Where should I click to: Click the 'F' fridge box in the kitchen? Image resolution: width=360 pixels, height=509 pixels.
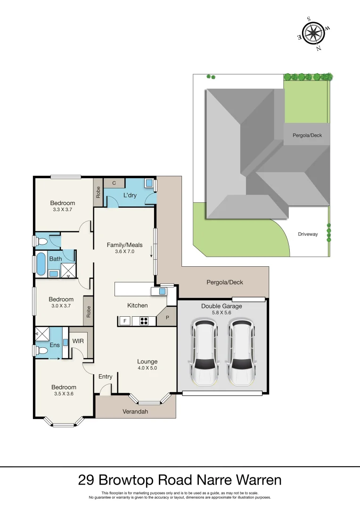[x=125, y=321]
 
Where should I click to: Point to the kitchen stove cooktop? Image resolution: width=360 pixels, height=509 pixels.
[x=144, y=321]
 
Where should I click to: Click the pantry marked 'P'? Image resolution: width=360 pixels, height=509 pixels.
[x=167, y=318]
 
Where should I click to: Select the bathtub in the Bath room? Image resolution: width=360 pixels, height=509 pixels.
[x=41, y=264]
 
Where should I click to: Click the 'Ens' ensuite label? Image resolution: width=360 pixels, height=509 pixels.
[x=55, y=345]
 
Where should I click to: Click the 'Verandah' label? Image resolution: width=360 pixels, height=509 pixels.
[x=135, y=411]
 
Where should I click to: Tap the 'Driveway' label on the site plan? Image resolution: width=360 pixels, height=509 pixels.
[x=308, y=234]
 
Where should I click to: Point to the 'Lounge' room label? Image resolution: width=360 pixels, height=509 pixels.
[x=147, y=361]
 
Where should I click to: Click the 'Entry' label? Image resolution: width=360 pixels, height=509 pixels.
[x=105, y=377]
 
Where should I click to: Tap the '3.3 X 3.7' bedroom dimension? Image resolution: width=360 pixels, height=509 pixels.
[x=63, y=210]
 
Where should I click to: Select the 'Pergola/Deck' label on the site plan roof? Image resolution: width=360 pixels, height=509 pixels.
[x=307, y=135]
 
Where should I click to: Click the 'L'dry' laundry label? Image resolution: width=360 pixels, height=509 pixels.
[x=130, y=195]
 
